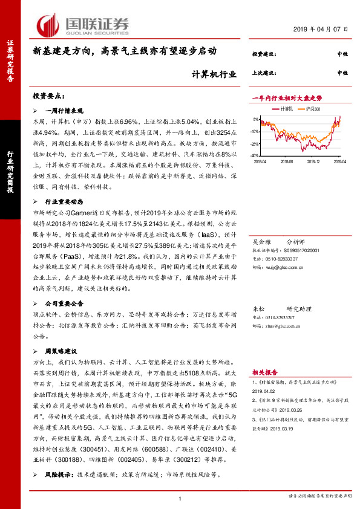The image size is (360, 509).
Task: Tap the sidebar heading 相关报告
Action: click(x=264, y=372)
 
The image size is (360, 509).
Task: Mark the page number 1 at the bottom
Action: click(x=180, y=498)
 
